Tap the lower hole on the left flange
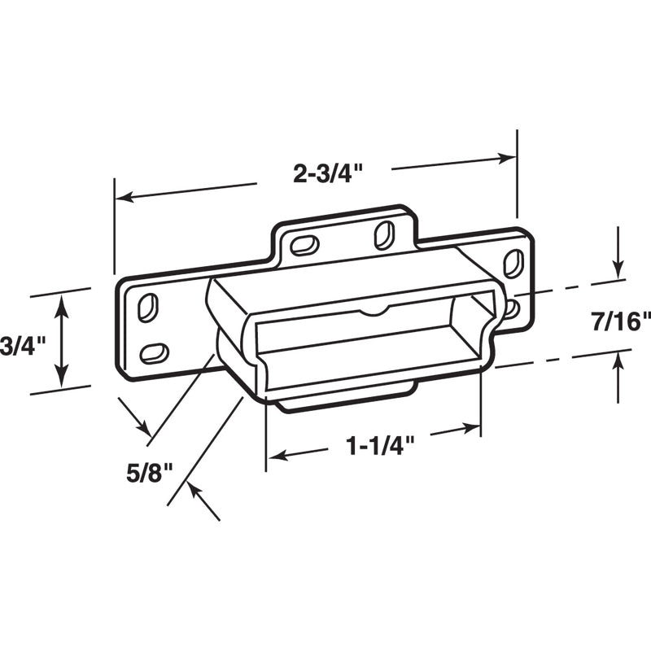tap(154, 353)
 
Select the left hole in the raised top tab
tap(304, 245)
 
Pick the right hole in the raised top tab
tap(383, 234)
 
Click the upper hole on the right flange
tap(513, 263)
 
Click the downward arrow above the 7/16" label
tap(618, 269)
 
